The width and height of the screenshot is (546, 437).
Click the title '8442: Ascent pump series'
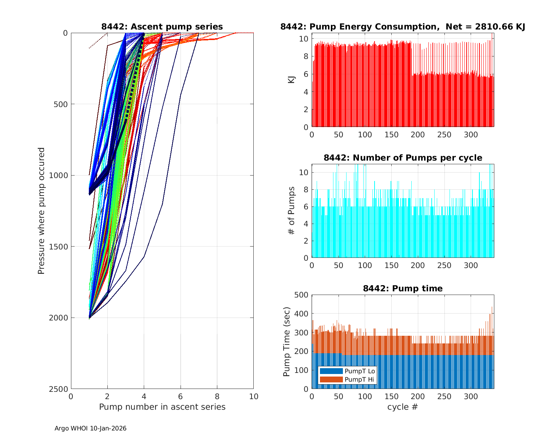162,27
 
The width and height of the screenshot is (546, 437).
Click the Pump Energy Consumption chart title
403,27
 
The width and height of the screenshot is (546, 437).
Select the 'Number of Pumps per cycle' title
403,158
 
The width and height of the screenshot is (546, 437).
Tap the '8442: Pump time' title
403,288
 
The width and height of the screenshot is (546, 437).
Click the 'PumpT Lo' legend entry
360,371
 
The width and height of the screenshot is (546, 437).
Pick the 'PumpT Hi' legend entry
360,379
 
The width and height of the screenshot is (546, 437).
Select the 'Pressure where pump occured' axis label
41,210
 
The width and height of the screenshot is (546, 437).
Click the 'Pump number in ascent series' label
162,407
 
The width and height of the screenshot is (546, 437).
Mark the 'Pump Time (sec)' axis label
287,342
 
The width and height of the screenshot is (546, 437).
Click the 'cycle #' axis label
403,407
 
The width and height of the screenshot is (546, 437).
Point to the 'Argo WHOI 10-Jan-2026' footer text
90,428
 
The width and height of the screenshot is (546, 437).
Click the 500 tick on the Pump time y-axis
301,295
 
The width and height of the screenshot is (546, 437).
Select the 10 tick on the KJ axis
304,39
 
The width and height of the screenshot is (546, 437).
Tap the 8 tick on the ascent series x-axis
217,397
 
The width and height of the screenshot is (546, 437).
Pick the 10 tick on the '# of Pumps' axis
304,172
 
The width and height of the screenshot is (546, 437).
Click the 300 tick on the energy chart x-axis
471,135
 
